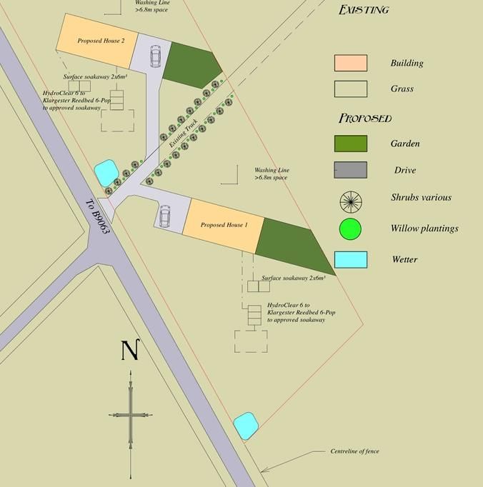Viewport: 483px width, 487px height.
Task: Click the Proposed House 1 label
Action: pyautogui.click(x=224, y=225)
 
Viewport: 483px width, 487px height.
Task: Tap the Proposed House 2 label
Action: pyautogui.click(x=101, y=41)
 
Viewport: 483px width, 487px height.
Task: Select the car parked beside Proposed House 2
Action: pyautogui.click(x=156, y=56)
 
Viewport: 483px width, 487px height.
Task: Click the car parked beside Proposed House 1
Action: pyautogui.click(x=165, y=216)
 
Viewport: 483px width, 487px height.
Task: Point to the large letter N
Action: pyautogui.click(x=129, y=351)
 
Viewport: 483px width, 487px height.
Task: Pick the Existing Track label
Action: pyautogui.click(x=183, y=133)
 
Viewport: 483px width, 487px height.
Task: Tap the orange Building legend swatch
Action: pyautogui.click(x=350, y=63)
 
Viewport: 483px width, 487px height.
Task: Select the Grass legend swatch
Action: pyautogui.click(x=350, y=89)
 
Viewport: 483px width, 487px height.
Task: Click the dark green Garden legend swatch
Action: pyautogui.click(x=350, y=144)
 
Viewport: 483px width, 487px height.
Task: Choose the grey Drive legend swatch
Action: pyautogui.click(x=350, y=170)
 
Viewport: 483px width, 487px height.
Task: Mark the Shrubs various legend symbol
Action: pyautogui.click(x=351, y=201)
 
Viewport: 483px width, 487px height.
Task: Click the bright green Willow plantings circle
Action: pyautogui.click(x=350, y=229)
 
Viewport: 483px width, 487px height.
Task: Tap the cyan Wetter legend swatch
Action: pyautogui.click(x=350, y=259)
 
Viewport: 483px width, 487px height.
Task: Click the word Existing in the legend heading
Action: pyautogui.click(x=364, y=10)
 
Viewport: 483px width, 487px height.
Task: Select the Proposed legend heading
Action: pyautogui.click(x=365, y=118)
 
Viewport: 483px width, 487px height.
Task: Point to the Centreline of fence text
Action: pyautogui.click(x=354, y=451)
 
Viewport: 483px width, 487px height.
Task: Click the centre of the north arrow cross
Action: pyautogui.click(x=130, y=414)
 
